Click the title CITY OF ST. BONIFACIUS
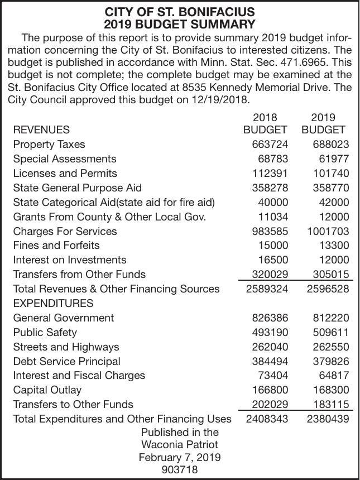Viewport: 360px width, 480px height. [180, 12]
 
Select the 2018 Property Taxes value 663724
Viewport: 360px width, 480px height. [269, 145]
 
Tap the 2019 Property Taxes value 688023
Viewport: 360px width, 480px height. [328, 145]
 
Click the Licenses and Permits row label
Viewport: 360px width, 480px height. [65, 174]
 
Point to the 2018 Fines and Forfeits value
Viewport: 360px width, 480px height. [273, 246]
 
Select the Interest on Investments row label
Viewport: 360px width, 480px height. [69, 260]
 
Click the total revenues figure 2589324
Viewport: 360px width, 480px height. [267, 289]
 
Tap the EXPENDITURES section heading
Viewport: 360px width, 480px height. [53, 303]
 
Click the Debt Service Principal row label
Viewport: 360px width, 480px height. [66, 362]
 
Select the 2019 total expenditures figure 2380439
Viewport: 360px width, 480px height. [328, 419]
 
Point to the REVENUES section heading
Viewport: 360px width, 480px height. [41, 130]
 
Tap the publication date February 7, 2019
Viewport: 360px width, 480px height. [179, 458]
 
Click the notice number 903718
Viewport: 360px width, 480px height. [179, 470]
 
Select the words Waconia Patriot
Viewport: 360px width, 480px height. [179, 445]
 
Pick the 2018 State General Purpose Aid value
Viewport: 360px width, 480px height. [269, 188]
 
